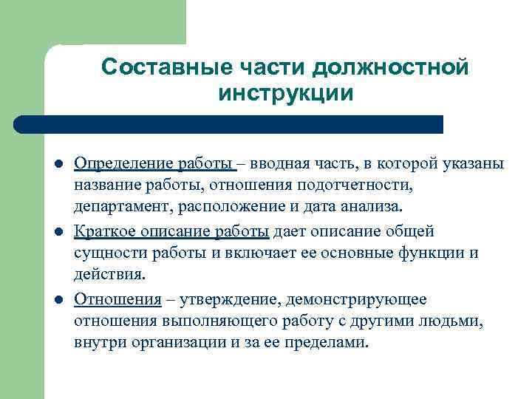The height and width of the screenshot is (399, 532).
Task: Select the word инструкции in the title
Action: (285, 94)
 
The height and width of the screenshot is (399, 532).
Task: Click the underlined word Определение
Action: (123, 163)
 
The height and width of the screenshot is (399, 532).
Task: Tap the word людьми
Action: (456, 321)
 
